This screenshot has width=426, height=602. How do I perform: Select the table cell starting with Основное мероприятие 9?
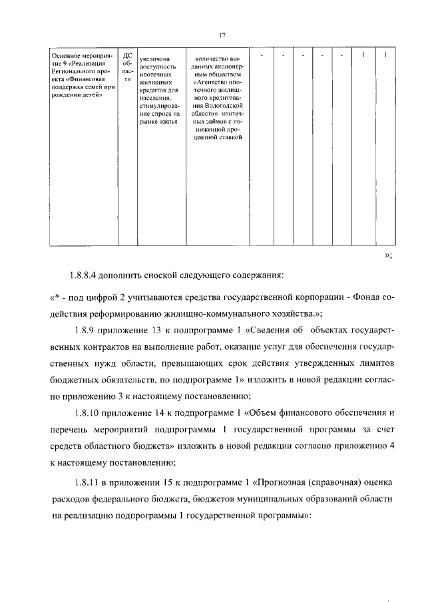pos(83,75)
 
